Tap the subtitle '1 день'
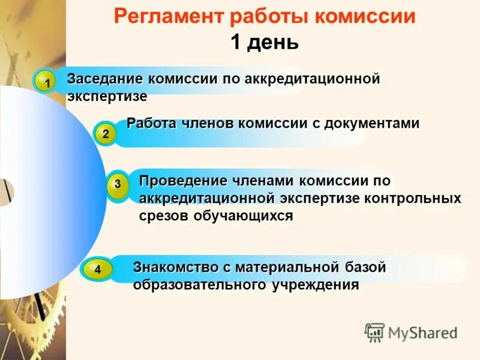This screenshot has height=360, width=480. point(264,42)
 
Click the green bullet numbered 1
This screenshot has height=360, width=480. point(44,82)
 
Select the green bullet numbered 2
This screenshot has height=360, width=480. point(106,134)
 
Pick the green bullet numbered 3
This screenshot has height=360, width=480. point(118,185)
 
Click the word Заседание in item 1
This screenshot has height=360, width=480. point(105,79)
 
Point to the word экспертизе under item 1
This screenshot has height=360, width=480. point(107,96)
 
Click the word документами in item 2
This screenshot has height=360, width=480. point(372,124)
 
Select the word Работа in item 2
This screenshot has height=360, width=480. point(151,124)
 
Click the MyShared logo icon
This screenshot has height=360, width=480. point(374,332)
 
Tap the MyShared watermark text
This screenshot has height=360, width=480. point(422,332)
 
